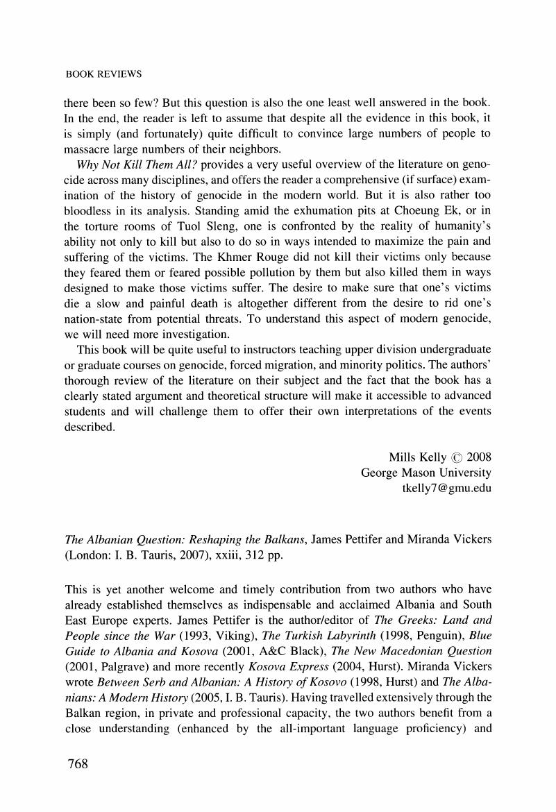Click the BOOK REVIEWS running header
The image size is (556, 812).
pos(103,73)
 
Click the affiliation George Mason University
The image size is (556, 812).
pos(426,473)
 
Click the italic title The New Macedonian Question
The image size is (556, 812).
pos(411,652)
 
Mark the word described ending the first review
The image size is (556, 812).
pos(90,427)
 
